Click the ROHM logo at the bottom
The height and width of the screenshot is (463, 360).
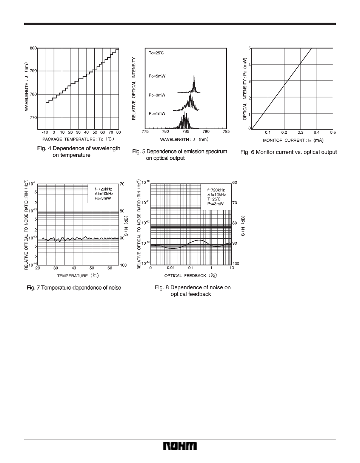[180, 446]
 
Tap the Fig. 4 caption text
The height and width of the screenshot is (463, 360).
[78, 152]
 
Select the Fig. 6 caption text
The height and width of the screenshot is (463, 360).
[288, 152]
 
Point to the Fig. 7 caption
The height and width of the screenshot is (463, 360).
[74, 288]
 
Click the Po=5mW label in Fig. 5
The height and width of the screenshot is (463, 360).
[157, 76]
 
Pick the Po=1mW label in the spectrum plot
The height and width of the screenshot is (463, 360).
[157, 113]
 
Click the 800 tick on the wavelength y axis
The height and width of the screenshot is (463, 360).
[33, 48]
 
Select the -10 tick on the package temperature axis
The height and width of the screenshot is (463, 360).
[46, 133]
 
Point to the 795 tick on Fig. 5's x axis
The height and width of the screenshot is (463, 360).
[226, 132]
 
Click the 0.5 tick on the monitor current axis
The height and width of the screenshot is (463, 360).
[333, 133]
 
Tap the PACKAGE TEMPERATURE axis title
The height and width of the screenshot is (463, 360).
[78, 139]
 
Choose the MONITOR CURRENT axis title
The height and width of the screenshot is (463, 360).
[293, 140]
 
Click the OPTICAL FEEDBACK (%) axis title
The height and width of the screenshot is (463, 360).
[191, 275]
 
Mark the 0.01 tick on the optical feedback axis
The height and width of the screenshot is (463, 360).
[171, 268]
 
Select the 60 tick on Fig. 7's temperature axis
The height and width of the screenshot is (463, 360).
[110, 268]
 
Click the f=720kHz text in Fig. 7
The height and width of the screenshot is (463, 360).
[103, 189]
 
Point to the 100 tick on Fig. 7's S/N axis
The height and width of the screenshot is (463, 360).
[123, 265]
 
